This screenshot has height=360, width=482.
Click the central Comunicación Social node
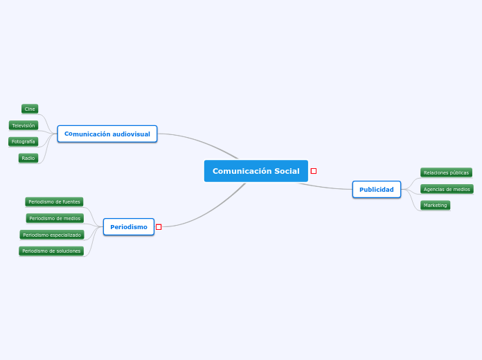click(256, 171)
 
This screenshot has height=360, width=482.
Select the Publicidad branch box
click(376, 190)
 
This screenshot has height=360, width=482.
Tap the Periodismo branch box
click(129, 227)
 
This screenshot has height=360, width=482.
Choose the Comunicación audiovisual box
click(107, 134)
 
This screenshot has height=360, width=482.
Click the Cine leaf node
click(30, 109)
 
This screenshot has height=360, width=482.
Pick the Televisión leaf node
click(24, 125)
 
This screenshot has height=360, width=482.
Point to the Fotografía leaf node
click(24, 141)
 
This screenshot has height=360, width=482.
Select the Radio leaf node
click(28, 158)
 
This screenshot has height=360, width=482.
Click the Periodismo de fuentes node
click(55, 201)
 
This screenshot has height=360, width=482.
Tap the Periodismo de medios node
click(55, 218)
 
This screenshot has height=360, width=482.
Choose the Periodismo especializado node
click(52, 235)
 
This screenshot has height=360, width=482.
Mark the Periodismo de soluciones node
click(51, 251)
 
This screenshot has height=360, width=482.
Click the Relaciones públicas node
click(446, 172)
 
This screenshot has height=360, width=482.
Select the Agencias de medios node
click(447, 189)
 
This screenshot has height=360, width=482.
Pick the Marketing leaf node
click(436, 205)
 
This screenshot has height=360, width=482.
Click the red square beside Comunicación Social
click(314, 171)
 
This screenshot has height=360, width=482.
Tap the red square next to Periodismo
click(159, 227)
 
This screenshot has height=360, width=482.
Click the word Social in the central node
click(287, 171)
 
